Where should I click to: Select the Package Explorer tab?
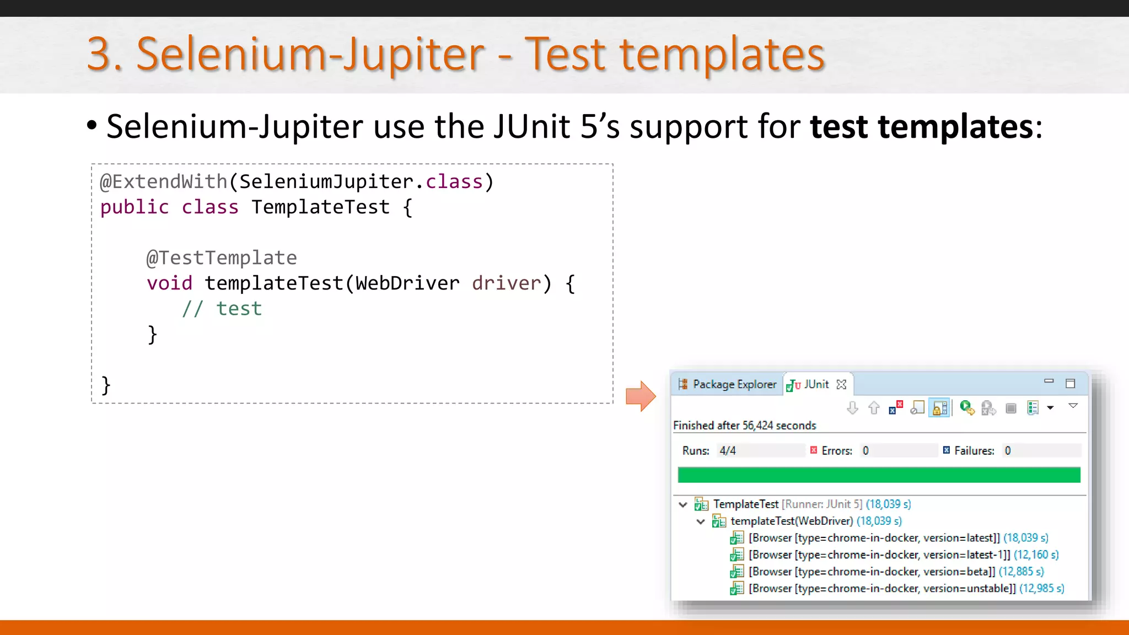pos(734,384)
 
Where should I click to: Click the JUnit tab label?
pos(816,384)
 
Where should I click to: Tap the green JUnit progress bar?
pos(879,475)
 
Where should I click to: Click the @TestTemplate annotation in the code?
pos(222,258)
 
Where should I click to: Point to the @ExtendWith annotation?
pos(164,182)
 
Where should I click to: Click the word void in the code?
pos(169,283)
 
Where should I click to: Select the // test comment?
pos(222,309)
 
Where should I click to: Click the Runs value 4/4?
pos(727,451)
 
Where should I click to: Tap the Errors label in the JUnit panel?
pos(836,451)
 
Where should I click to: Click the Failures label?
pos(974,451)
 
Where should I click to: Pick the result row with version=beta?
pos(872,572)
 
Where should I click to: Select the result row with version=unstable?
pos(882,589)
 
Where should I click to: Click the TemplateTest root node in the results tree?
pos(745,504)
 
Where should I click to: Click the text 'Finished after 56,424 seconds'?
pos(744,426)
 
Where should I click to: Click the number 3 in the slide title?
pos(99,54)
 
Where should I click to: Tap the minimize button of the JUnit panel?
pos(1049,381)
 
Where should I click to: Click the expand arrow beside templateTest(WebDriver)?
pos(701,521)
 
